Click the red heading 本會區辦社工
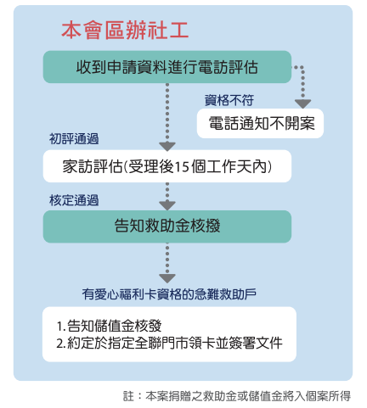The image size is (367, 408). pyautogui.click(x=125, y=30)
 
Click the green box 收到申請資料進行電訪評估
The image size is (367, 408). pyautogui.click(x=167, y=67)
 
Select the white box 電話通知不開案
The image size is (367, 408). pyautogui.click(x=260, y=124)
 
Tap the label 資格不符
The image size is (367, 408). pyautogui.click(x=229, y=100)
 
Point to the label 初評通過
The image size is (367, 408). pyautogui.click(x=74, y=139)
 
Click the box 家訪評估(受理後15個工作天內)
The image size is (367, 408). pyautogui.click(x=167, y=166)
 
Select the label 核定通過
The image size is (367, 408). pyautogui.click(x=74, y=200)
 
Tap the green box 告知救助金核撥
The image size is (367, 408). pyautogui.click(x=167, y=226)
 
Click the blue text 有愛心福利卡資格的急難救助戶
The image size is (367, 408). pyautogui.click(x=169, y=294)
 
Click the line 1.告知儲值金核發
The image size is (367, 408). pyautogui.click(x=109, y=326)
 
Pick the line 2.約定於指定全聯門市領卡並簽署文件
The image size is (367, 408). pyautogui.click(x=169, y=343)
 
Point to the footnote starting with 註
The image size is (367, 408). pyautogui.click(x=237, y=396)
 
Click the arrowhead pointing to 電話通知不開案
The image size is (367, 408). pyautogui.click(x=302, y=103)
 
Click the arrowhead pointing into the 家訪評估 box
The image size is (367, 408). pyautogui.click(x=167, y=147)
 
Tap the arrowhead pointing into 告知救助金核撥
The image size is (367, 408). pyautogui.click(x=167, y=205)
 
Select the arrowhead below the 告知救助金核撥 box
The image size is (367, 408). pyautogui.click(x=167, y=278)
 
